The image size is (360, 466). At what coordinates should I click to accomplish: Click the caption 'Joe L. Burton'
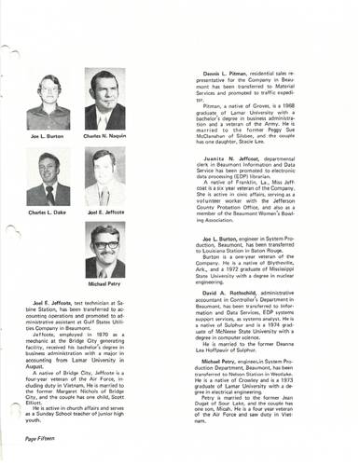(x=47, y=134)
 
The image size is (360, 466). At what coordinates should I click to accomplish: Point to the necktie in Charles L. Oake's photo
(x=48, y=195)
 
